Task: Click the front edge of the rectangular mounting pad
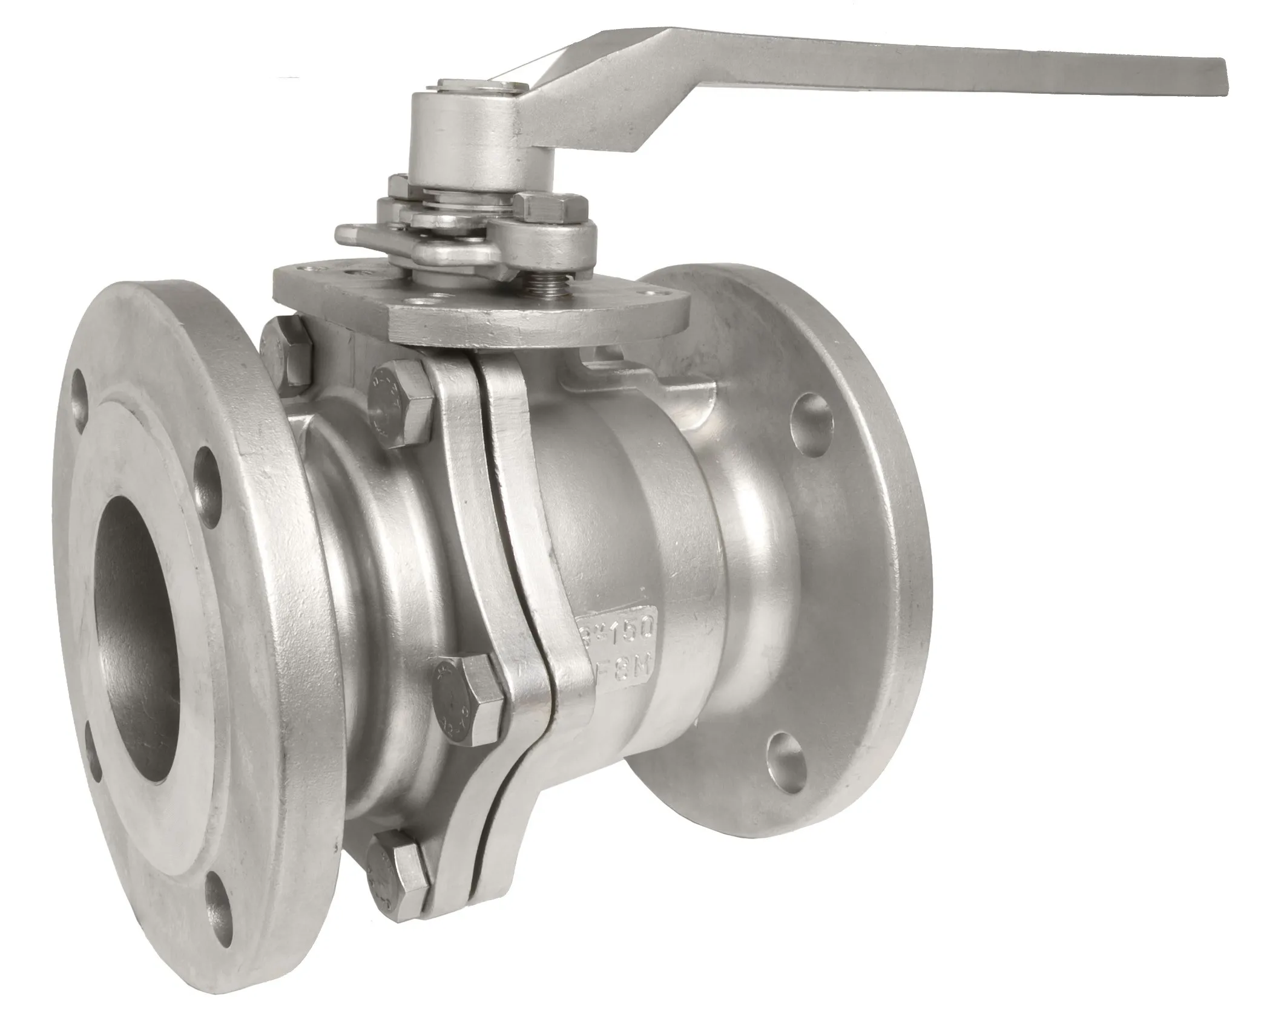pyautogui.click(x=533, y=330)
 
